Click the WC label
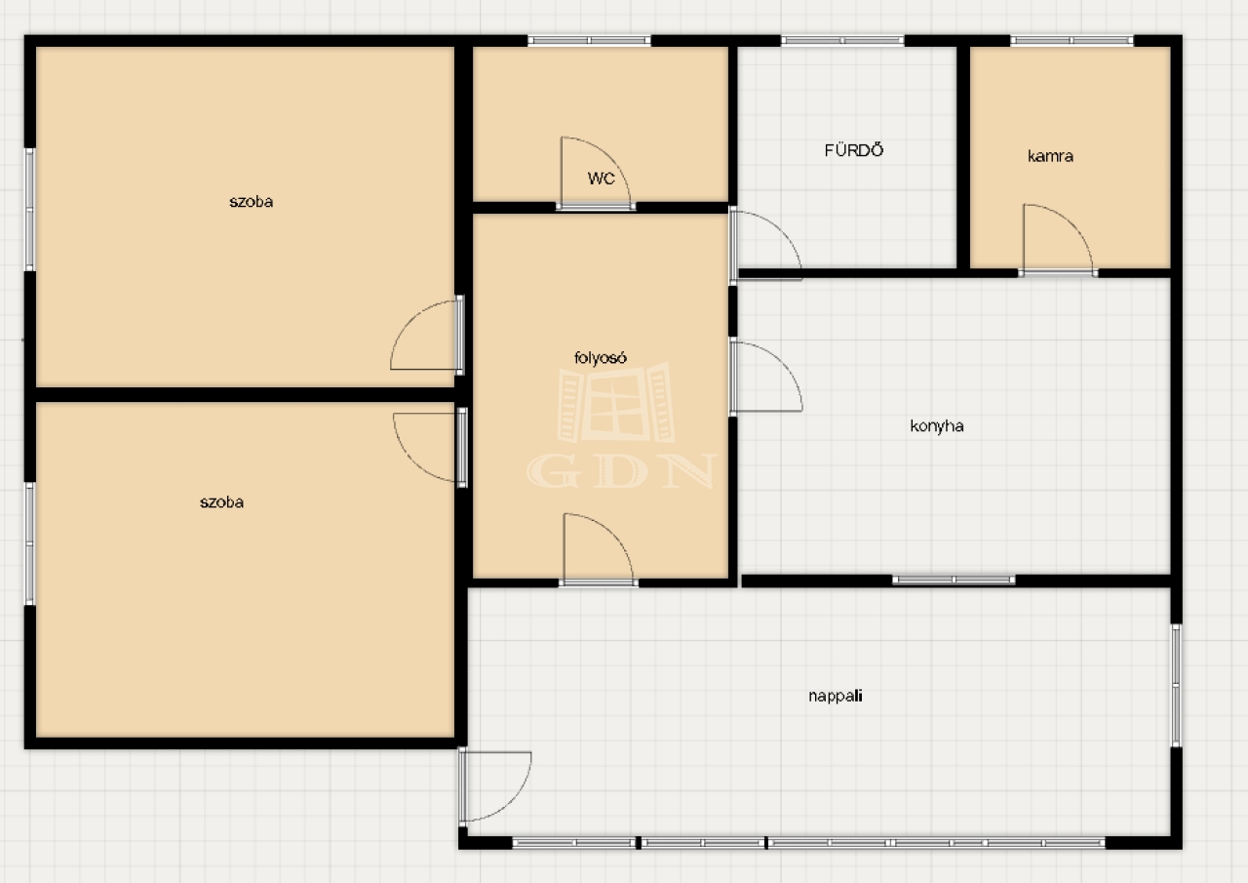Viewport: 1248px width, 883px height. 602,179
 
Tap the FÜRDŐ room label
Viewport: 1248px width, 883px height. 853,150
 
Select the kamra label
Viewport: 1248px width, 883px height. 1050,156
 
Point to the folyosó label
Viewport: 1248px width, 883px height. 600,358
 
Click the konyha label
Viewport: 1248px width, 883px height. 937,426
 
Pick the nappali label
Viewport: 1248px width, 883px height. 836,696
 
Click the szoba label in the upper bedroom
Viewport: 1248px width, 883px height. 251,202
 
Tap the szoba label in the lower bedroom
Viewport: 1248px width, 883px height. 221,502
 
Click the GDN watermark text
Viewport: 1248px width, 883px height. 622,471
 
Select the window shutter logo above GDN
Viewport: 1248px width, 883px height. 616,402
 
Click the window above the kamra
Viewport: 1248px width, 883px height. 1072,40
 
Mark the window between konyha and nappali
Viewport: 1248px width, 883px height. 954,580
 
